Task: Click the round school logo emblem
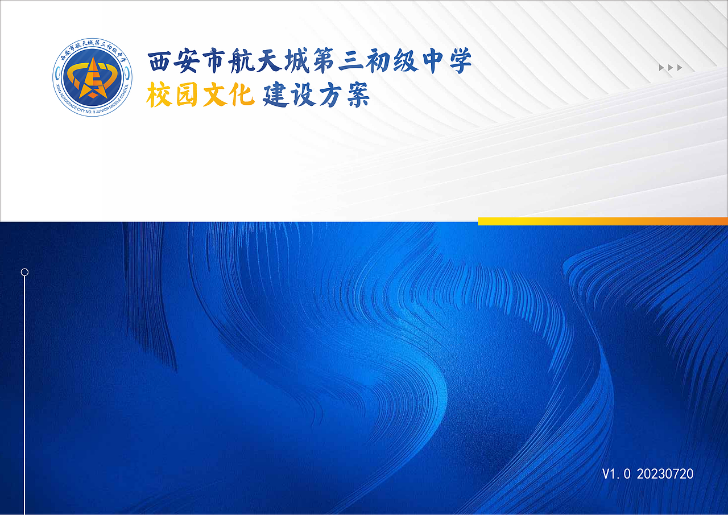coord(92,78)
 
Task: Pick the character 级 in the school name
coord(404,62)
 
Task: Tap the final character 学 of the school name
coord(458,62)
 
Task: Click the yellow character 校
coord(159,95)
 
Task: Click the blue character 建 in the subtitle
coord(275,95)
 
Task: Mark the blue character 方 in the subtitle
coord(329,95)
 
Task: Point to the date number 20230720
coord(665,473)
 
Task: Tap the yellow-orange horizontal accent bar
coord(603,221)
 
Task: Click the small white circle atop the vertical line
coord(24,272)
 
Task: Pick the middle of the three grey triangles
coord(671,68)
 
